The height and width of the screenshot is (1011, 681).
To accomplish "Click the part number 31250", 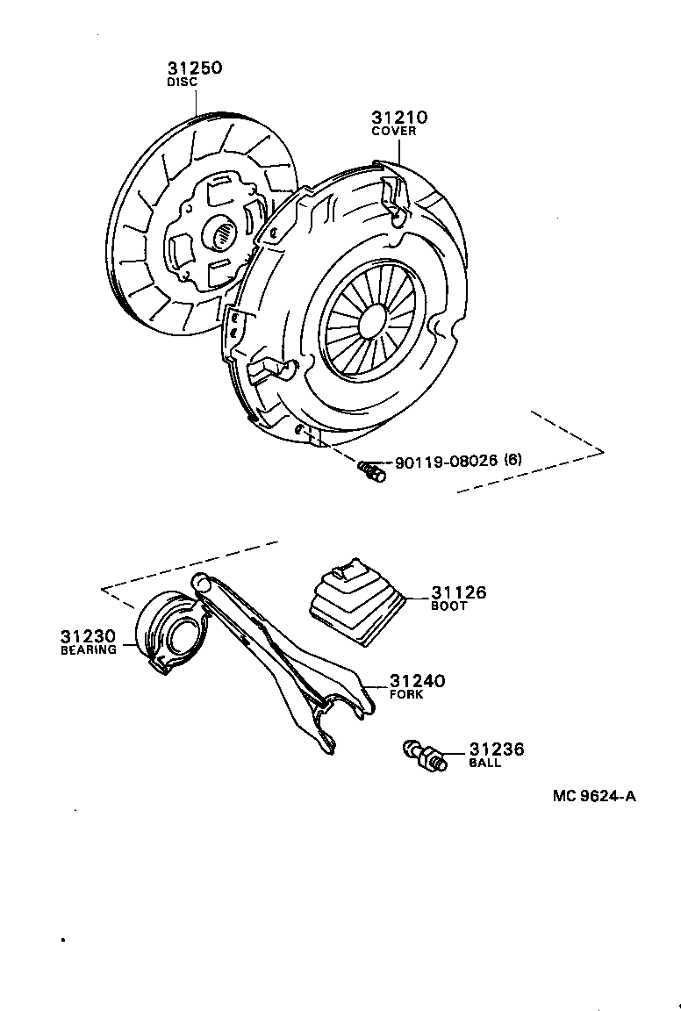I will click(x=195, y=68).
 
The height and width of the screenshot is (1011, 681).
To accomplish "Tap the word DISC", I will click(x=182, y=82).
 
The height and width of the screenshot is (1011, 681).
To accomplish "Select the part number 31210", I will click(x=398, y=118).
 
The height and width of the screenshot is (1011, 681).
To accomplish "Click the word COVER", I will click(x=393, y=132).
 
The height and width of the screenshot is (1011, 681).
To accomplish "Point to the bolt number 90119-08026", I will click(x=446, y=460).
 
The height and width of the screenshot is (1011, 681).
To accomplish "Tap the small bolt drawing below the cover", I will click(x=371, y=472).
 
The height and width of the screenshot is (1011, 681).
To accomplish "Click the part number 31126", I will click(x=457, y=593).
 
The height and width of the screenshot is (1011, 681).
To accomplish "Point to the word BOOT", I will click(x=448, y=606).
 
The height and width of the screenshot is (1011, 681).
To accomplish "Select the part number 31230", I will click(x=88, y=635).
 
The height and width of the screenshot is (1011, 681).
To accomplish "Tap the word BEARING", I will click(x=88, y=650).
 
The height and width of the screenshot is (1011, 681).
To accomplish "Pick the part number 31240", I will click(x=417, y=681).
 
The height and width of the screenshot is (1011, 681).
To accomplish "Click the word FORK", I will click(x=406, y=694).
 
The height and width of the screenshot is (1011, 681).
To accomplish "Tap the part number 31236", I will click(x=496, y=749).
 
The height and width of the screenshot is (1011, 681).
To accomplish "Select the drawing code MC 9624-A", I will click(x=594, y=797).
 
